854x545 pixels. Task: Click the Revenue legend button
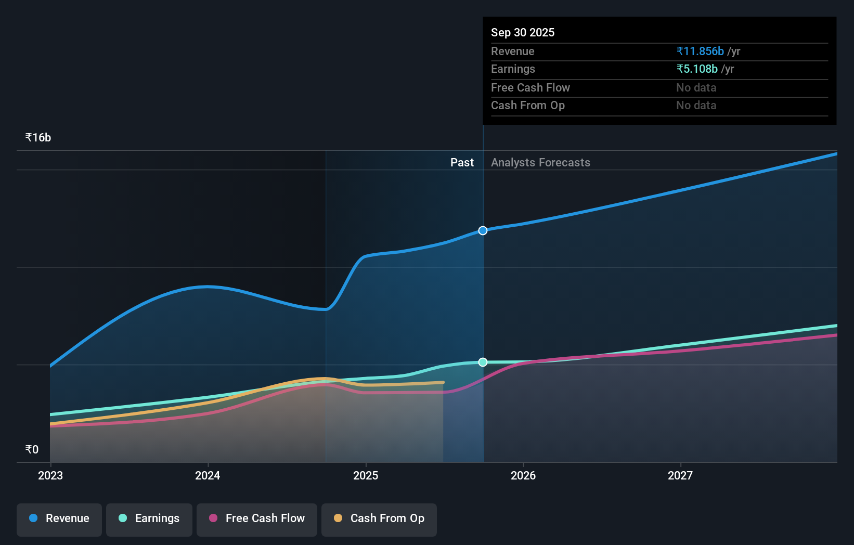pos(59,518)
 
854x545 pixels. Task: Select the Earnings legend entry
pos(149,518)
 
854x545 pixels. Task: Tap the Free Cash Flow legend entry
pos(257,518)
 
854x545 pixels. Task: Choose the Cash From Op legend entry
pos(379,518)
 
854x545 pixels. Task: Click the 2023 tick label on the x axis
pos(50,475)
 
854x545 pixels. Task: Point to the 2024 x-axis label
pos(208,475)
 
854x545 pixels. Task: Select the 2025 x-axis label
pos(366,475)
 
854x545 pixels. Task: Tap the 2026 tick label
pos(523,475)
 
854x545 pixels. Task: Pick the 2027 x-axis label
pos(680,475)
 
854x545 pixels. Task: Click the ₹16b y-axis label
pos(38,138)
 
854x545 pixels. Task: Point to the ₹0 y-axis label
pos(32,450)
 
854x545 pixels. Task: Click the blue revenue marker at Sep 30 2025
pos(483,230)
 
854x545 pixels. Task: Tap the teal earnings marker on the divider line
pos(483,362)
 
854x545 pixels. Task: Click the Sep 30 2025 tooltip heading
pos(523,32)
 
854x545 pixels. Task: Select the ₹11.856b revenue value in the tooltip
pos(700,51)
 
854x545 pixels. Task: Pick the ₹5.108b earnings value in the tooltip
pos(697,69)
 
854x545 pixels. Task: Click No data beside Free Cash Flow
pos(696,87)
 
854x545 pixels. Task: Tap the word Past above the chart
pos(462,162)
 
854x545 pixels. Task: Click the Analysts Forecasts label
pos(540,162)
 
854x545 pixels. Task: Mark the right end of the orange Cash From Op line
pos(443,383)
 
